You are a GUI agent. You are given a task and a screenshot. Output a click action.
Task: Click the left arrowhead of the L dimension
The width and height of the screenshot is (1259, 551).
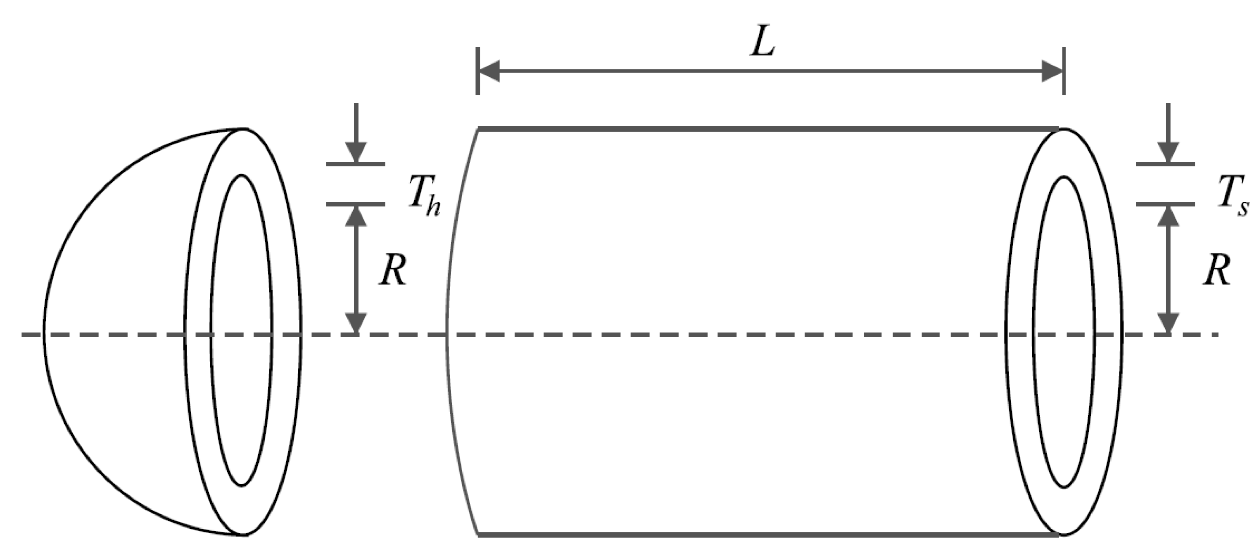click(489, 71)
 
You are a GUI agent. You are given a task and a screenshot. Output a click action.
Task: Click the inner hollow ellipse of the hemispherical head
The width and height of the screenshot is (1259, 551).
click(242, 330)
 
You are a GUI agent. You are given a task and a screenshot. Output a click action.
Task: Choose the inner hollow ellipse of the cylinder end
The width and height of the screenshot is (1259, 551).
click(1064, 332)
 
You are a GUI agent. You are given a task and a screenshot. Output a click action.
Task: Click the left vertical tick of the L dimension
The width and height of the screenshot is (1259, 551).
click(477, 71)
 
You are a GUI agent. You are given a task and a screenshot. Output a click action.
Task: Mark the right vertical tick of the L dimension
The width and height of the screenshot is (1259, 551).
click(1064, 71)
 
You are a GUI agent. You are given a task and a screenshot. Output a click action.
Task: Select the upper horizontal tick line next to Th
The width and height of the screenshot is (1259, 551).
click(356, 164)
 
